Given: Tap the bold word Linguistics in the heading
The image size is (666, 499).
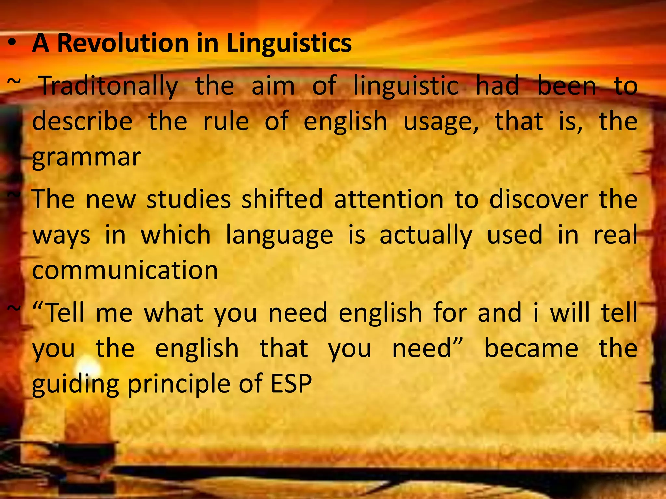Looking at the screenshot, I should tap(289, 44).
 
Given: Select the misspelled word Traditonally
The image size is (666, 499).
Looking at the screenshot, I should tap(109, 86).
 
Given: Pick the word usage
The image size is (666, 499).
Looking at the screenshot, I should tap(441, 122).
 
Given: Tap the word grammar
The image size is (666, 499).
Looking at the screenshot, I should tap(87, 158).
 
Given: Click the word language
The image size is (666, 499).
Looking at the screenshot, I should tap(280, 235).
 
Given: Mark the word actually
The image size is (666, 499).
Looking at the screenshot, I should tap(426, 235).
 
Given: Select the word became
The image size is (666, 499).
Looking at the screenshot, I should tap(531, 348).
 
